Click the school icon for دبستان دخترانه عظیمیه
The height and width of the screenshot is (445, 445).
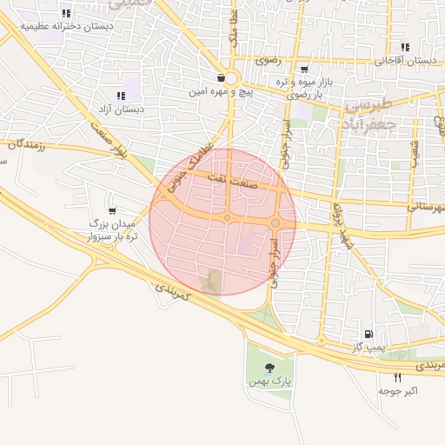pos(67,13)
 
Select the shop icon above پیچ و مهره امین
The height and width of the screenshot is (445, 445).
pos(224,77)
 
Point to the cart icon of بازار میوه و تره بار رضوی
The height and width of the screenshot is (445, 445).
pos(303,69)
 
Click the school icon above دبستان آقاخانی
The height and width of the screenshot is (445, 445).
pos(403,48)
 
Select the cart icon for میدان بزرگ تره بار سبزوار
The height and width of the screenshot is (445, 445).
pos(112,211)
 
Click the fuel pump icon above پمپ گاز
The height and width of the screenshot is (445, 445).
pos(369,334)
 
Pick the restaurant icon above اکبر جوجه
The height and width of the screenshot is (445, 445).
pos(398,377)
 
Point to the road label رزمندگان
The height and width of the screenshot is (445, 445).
pos(26,148)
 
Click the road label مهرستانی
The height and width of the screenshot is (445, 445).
pos(426,208)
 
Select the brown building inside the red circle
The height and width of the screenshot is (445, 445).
pos(211,280)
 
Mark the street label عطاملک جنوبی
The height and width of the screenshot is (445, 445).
pos(194,168)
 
